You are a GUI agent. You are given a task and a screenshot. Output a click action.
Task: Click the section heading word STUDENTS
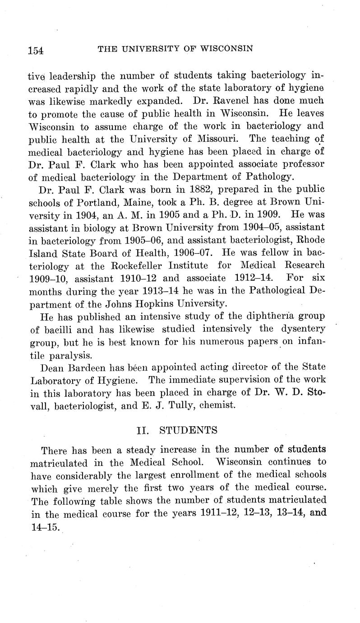coord(189,430)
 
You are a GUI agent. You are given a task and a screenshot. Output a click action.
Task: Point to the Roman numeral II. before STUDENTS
coord(143,430)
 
